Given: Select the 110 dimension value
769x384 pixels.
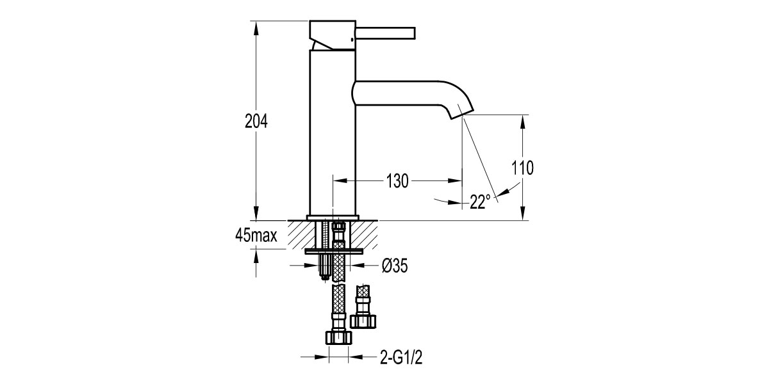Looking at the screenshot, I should coord(523,168).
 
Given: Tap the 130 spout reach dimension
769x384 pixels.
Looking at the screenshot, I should coord(397,181).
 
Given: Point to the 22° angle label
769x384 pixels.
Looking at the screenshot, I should coord(479,202).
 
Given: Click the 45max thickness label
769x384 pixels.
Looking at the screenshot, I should coord(256,236).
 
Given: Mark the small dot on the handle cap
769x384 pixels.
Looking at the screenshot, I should coord(351,42).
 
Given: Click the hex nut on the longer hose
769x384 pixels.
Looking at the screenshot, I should coord(339,337).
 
